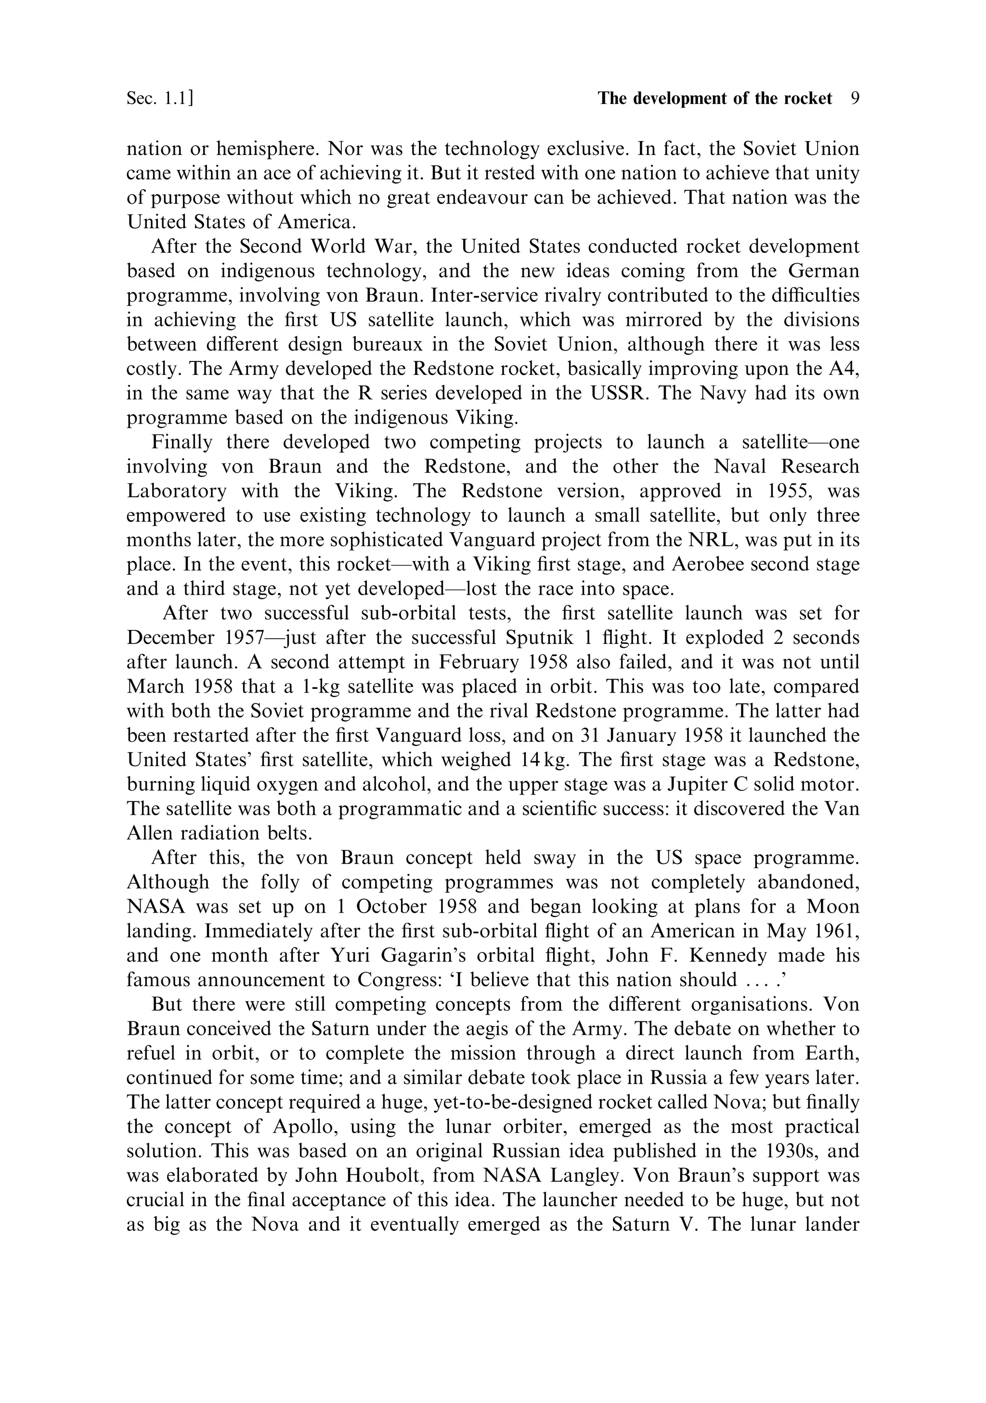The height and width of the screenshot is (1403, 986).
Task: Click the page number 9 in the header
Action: pyautogui.click(x=855, y=98)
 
